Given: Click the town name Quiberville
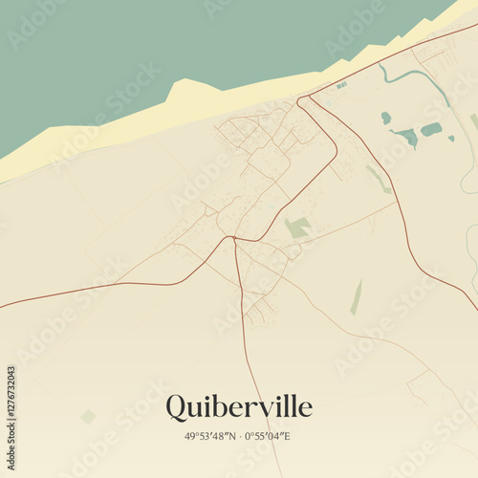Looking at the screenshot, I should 238,407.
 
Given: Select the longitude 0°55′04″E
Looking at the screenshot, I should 269,437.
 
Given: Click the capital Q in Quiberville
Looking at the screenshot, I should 177,407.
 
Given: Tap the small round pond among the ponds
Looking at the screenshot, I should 386,118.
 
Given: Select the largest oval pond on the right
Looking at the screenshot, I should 431,129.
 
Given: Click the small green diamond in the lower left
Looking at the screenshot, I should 88,416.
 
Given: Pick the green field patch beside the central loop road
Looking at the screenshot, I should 297,228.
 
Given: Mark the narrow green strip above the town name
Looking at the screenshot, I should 357,297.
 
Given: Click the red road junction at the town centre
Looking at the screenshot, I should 233,238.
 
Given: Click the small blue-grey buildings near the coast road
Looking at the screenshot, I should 341,86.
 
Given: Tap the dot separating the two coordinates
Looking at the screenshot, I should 240,437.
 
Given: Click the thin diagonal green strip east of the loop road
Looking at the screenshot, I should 379,179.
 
